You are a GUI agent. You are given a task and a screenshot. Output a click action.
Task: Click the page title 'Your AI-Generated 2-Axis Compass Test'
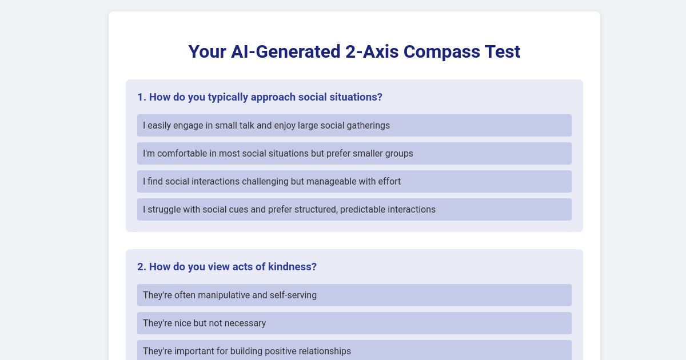(354, 51)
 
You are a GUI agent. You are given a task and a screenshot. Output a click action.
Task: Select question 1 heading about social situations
(260, 97)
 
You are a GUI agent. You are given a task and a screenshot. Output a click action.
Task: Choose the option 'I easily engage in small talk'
(266, 125)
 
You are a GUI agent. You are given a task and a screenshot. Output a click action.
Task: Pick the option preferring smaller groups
(278, 153)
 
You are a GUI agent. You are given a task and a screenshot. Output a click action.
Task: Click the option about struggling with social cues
(289, 209)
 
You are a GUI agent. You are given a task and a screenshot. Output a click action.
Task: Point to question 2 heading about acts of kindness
(227, 267)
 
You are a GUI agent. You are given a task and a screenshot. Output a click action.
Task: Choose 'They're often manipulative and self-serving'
(230, 295)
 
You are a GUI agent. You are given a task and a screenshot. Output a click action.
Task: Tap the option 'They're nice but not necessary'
(204, 323)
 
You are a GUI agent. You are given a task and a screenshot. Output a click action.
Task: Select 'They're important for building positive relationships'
(247, 351)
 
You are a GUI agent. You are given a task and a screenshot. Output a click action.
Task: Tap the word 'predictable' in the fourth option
(364, 209)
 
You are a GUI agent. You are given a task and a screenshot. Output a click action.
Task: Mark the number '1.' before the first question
(141, 97)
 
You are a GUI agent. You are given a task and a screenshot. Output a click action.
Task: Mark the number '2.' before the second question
(141, 267)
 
